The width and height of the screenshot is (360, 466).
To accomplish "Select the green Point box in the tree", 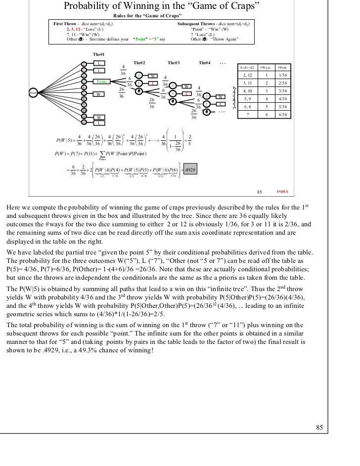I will pos(101,81).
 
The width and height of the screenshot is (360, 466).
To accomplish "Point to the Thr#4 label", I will pos(204,63).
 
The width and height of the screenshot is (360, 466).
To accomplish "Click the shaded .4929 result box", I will pos(189,169).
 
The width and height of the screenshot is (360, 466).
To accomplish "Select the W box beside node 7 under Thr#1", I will pos(99,93).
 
